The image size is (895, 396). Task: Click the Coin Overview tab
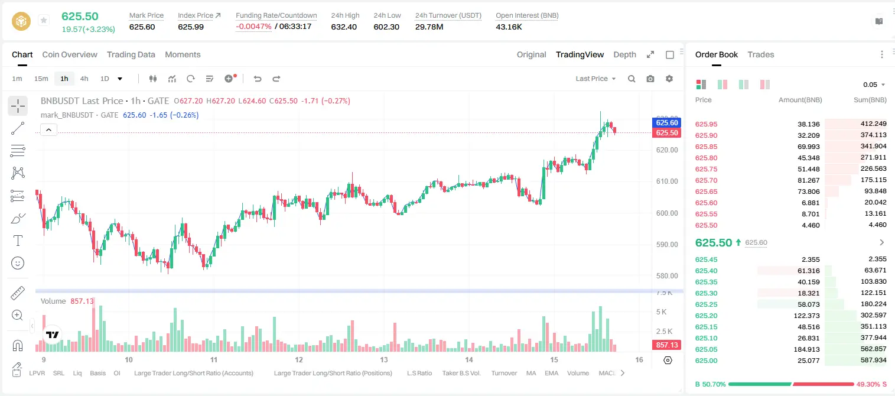tap(70, 54)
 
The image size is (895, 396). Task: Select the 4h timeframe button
tap(84, 79)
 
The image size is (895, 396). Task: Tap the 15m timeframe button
tap(41, 79)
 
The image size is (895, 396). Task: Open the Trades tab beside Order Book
tap(761, 54)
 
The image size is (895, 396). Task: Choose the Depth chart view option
tap(624, 54)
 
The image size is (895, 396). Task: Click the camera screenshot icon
tap(650, 79)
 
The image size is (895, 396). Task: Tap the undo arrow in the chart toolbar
tap(258, 79)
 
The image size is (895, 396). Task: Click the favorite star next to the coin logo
tap(44, 20)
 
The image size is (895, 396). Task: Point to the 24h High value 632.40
tap(344, 27)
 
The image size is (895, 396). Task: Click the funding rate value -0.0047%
tap(253, 27)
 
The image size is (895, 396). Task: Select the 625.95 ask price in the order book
tap(706, 124)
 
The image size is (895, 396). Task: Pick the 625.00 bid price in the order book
tap(706, 361)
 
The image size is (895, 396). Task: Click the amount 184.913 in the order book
tap(807, 349)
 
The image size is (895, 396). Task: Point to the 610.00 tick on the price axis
tap(667, 181)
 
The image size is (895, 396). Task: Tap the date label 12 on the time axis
tap(299, 359)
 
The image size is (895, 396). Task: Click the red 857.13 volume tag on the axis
tap(667, 345)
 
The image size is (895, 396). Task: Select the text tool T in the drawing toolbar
tap(18, 241)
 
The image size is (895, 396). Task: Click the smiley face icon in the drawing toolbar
tap(18, 263)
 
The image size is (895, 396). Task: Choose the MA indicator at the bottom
tap(531, 373)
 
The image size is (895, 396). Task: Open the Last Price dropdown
tap(595, 79)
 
